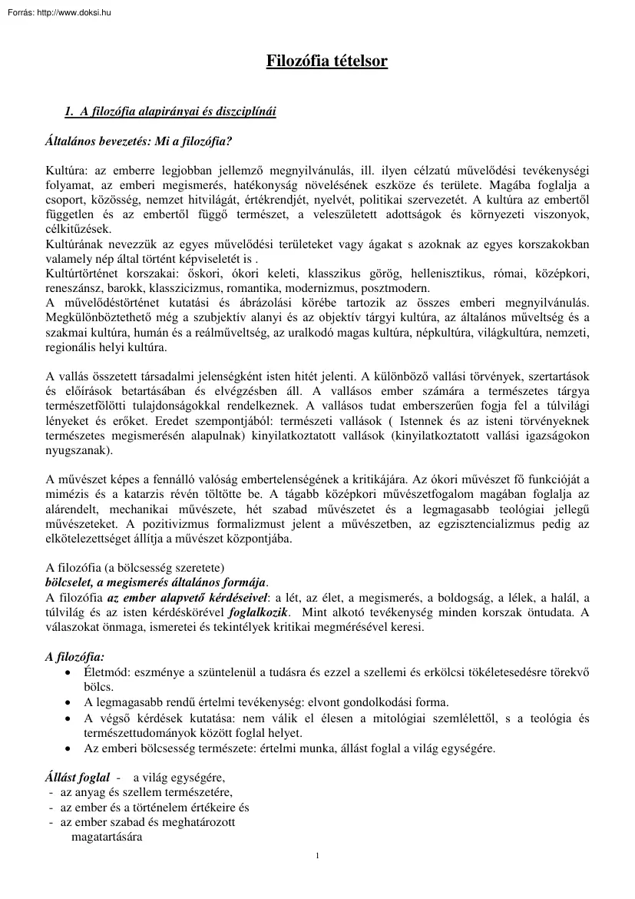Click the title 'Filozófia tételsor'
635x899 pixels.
tap(326, 61)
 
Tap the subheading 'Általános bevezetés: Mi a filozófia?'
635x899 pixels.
tap(139, 141)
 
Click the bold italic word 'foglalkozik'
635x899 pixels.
tap(263, 612)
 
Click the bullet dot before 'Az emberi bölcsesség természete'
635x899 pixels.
tap(70, 748)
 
